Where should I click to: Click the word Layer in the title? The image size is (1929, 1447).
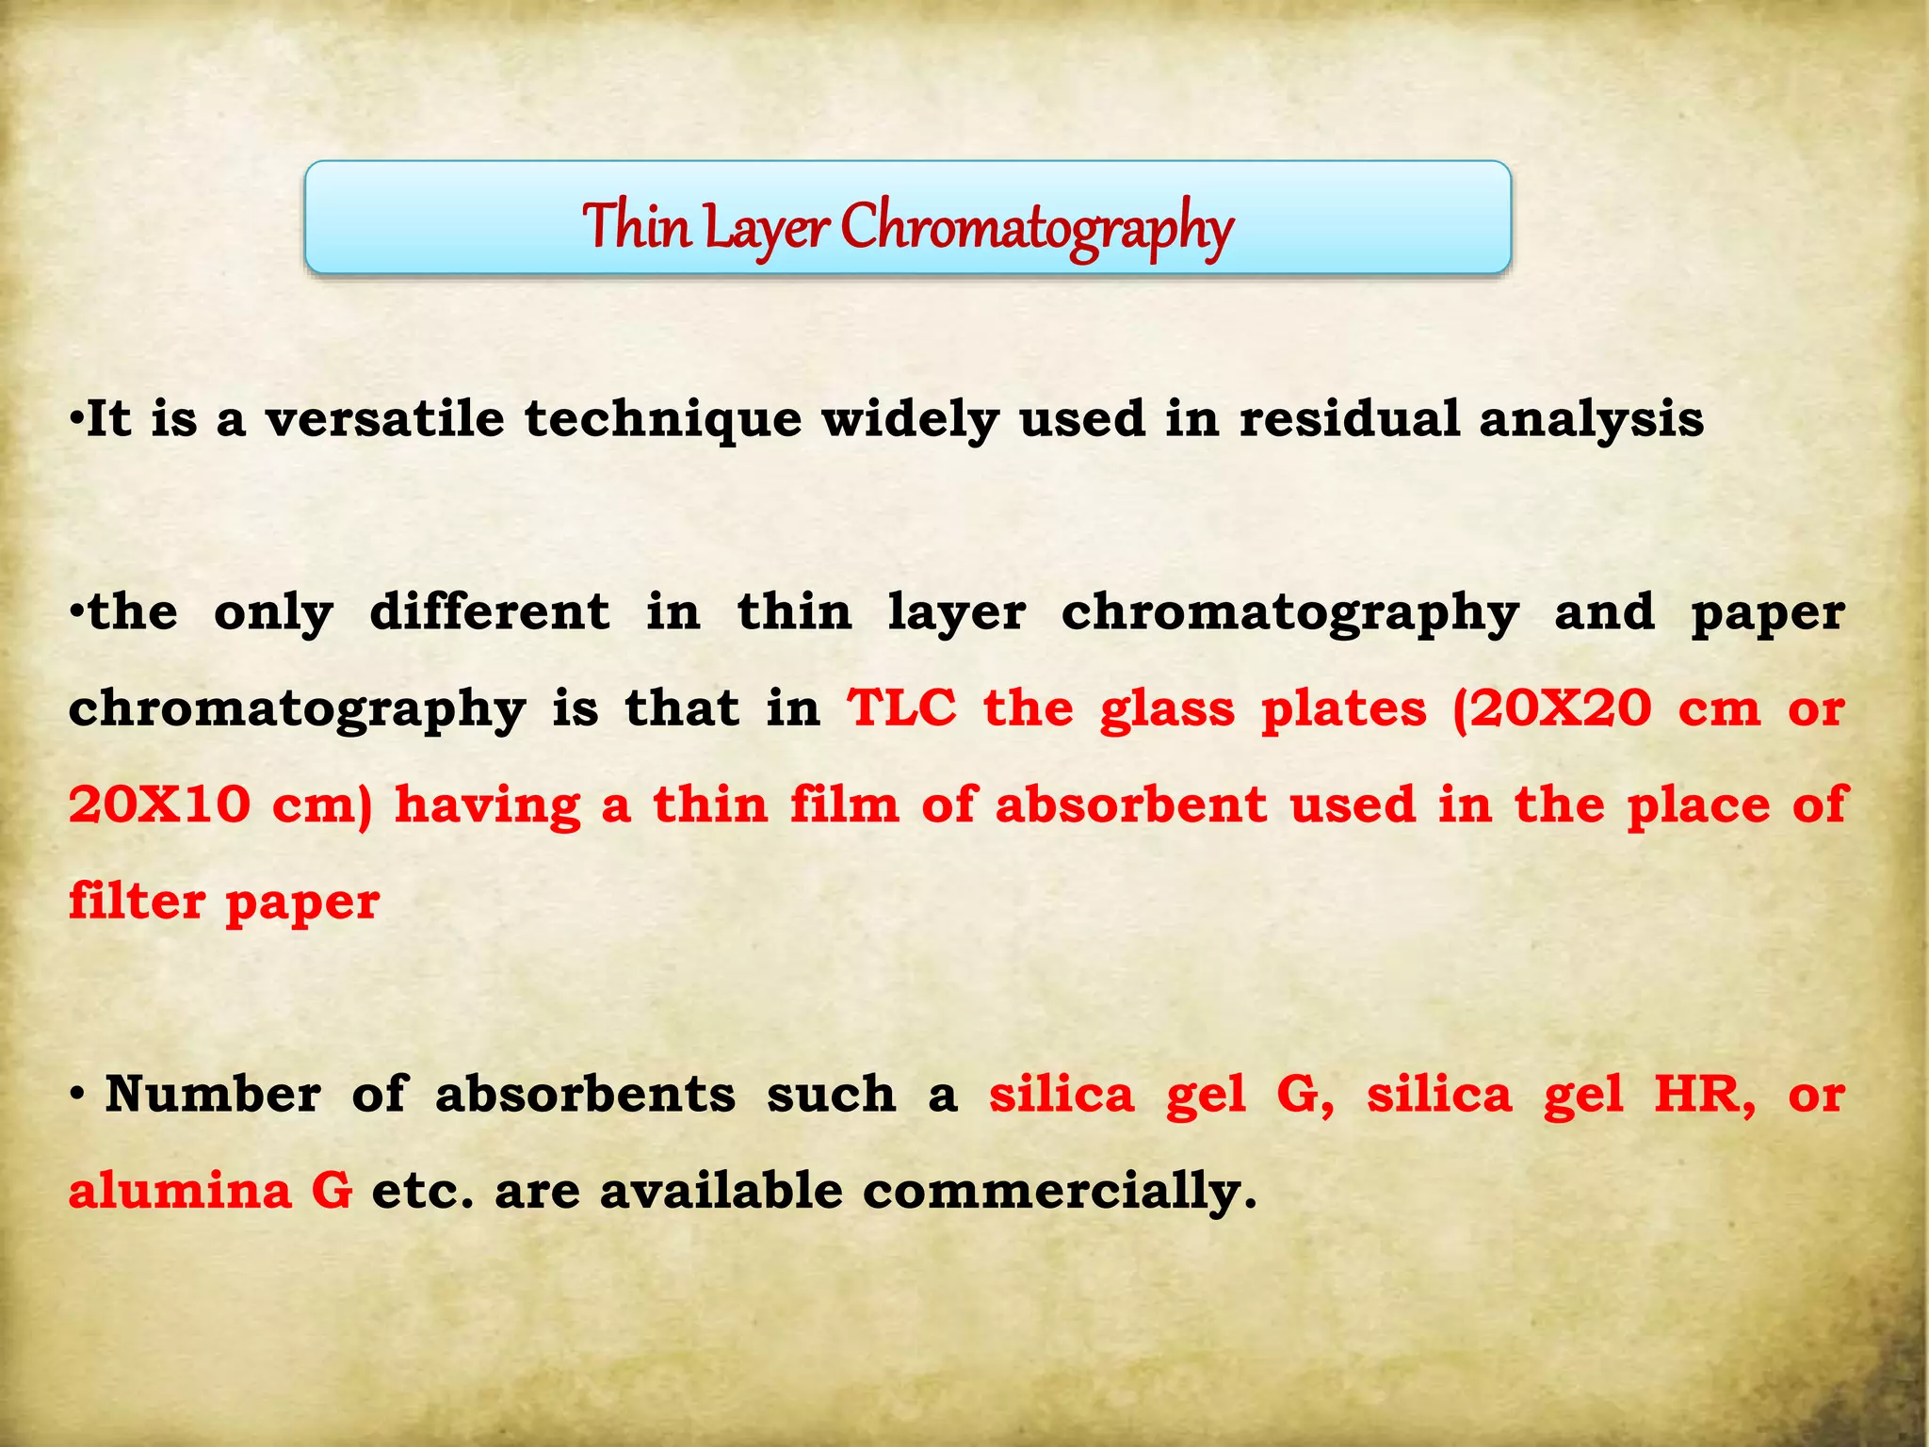coord(766,228)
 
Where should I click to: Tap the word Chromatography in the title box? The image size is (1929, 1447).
coord(1036,228)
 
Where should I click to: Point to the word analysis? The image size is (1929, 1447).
coord(1591,420)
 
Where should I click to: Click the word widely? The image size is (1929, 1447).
coord(909,420)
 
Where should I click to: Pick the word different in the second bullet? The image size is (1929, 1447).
coord(489,612)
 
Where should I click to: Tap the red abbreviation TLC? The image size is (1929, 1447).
coord(901,708)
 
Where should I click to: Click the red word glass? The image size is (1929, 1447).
coord(1167,710)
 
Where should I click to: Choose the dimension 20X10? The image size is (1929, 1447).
coord(159,805)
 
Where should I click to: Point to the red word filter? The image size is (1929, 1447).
coord(136,902)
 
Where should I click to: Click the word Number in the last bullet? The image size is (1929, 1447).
coord(213,1095)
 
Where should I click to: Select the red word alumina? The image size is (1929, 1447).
coord(180,1191)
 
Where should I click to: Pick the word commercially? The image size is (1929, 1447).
coord(1059,1193)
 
